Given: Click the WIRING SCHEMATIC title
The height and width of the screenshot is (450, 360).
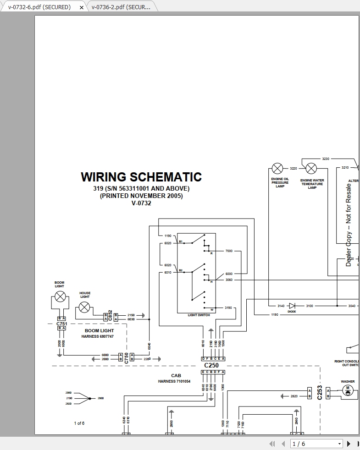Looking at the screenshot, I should [141, 177].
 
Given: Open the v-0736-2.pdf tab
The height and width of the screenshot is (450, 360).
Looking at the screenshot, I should [121, 7].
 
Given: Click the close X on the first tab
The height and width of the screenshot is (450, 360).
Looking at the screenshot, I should [82, 7].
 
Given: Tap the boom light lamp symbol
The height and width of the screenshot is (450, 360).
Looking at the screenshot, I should [60, 296].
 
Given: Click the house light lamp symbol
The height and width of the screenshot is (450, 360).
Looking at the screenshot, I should [84, 307].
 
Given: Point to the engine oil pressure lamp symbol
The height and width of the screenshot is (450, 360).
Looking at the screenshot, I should [277, 169].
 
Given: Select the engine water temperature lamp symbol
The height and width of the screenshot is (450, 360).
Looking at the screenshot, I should [311, 169].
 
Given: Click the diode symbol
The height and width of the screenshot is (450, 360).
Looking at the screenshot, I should [292, 306].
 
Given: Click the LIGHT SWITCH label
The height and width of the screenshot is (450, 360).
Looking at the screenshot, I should [199, 315].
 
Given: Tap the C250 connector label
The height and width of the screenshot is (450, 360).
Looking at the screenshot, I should [211, 365].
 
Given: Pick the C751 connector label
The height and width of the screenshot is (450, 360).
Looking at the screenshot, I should [61, 324].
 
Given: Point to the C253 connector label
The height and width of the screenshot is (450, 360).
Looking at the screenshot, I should [320, 392].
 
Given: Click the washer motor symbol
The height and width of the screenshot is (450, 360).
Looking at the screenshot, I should [347, 391].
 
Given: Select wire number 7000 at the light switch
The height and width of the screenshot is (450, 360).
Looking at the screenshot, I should [229, 251].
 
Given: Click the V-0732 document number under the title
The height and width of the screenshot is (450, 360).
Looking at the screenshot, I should [141, 203].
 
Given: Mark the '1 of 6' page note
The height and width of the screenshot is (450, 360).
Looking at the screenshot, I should [79, 423].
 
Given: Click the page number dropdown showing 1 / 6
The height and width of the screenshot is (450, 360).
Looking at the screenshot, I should [317, 444].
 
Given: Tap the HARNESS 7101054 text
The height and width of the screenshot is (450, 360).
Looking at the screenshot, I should [174, 381].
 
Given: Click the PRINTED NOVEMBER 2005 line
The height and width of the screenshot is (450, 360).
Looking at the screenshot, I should [141, 196].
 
